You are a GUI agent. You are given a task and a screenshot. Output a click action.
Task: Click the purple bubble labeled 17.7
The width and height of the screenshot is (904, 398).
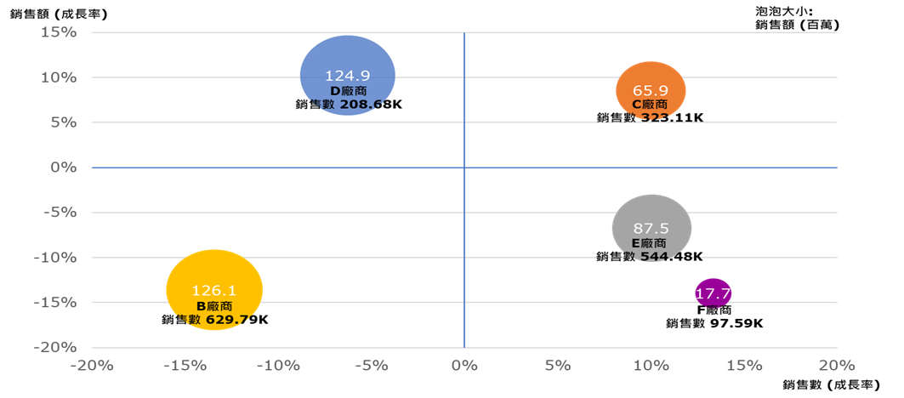(x=713, y=293)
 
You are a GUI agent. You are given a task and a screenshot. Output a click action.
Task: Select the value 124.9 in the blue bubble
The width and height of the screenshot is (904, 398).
(x=348, y=76)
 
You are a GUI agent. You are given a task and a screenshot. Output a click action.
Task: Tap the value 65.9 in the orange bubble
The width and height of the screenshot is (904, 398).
(x=651, y=89)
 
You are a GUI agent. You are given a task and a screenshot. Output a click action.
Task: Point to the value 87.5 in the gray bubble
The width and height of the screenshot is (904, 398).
(x=651, y=228)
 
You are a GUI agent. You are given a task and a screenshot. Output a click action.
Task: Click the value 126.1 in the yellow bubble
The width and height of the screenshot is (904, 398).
(x=213, y=291)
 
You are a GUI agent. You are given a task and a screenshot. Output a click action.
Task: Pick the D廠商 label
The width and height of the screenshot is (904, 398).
(x=348, y=90)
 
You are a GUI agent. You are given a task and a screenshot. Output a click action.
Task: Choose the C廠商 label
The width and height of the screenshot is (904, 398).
(x=650, y=104)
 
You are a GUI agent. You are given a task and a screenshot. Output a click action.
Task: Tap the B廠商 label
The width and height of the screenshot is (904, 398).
(x=213, y=305)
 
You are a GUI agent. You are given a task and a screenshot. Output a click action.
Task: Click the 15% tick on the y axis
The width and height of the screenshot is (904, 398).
(x=59, y=32)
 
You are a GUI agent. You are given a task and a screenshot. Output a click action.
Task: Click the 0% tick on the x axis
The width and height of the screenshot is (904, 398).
(x=463, y=366)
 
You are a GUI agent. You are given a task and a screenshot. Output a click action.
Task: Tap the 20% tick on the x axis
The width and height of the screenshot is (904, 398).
(x=836, y=366)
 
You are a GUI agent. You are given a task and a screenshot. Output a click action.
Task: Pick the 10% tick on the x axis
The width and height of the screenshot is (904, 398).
(x=650, y=366)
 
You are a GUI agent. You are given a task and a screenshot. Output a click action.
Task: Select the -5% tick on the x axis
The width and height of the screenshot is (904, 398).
(x=370, y=366)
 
